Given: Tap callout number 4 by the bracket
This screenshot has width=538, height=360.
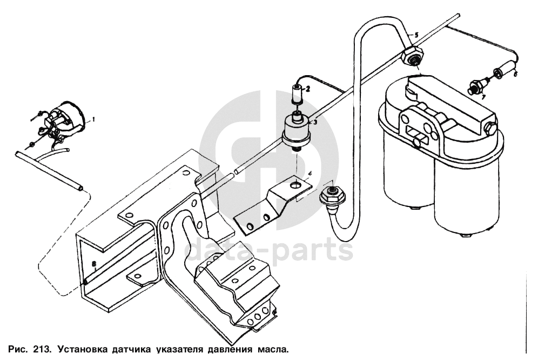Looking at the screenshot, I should [x=310, y=174].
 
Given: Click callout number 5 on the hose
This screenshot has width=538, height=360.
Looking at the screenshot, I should [x=416, y=34].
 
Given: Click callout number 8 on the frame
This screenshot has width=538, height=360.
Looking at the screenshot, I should [x=94, y=264].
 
